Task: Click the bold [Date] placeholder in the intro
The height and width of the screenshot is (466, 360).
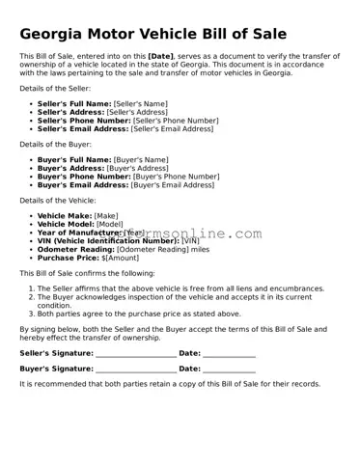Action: [162, 57]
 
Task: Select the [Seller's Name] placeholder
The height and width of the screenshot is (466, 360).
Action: [141, 102]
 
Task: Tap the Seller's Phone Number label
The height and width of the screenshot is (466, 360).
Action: [83, 120]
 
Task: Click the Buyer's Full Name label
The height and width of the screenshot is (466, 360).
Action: [74, 159]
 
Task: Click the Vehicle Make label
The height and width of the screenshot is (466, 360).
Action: [65, 216]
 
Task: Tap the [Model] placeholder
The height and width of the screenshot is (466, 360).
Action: [110, 224]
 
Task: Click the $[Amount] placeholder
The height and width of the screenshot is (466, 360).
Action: [121, 258]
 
